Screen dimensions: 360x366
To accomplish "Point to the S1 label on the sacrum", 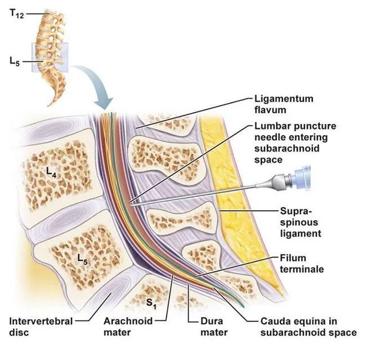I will [x=150, y=303].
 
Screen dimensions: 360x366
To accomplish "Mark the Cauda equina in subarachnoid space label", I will [x=307, y=327].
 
